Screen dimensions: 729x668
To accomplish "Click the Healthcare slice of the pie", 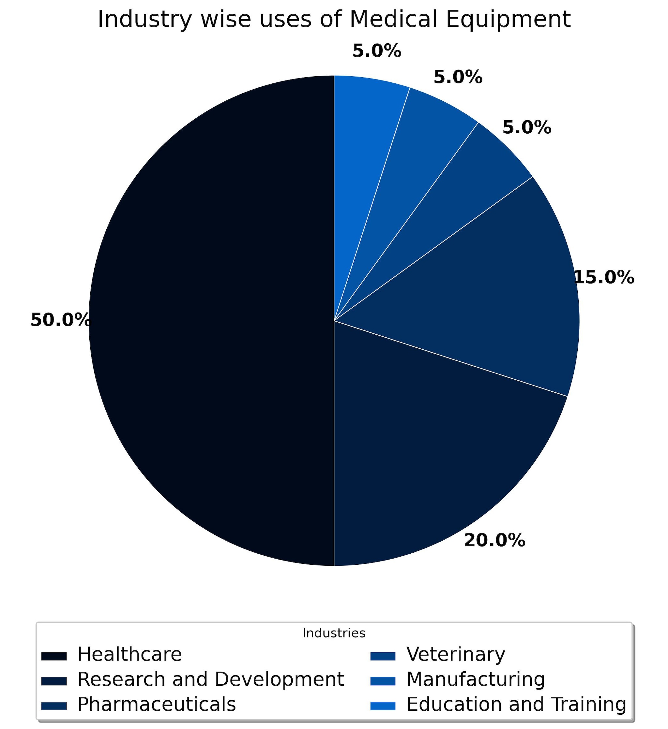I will tap(210, 322).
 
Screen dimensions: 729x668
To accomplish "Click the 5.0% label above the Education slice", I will tap(377, 51).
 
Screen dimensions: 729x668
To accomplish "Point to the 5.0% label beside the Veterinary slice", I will tap(526, 128).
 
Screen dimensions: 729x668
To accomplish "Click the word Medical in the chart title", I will tap(393, 19).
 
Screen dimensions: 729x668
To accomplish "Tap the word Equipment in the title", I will tap(508, 19).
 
